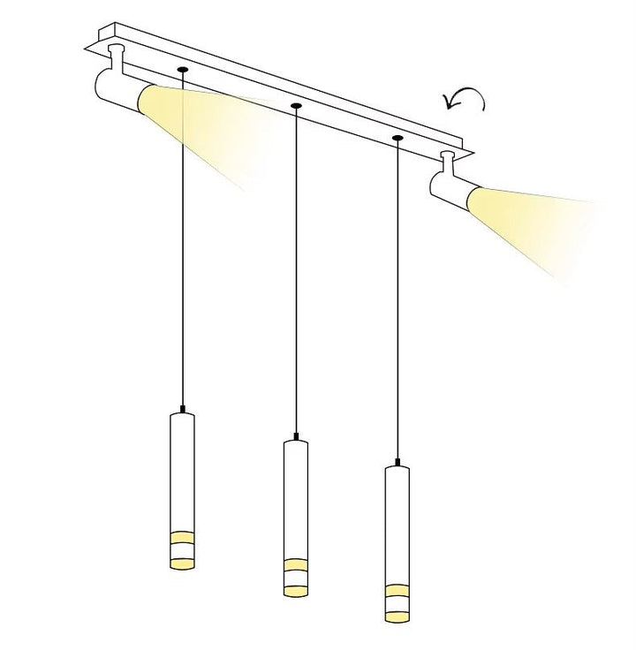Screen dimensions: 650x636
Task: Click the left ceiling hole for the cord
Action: coord(182,68)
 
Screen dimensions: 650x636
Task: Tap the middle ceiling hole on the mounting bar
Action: coord(295,106)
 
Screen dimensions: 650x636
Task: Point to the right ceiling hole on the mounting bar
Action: coord(397,139)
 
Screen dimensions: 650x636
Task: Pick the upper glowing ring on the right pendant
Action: coord(397,588)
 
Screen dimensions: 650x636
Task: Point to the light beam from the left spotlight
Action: coord(194,124)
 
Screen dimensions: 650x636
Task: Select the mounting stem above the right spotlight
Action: coord(449,162)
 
